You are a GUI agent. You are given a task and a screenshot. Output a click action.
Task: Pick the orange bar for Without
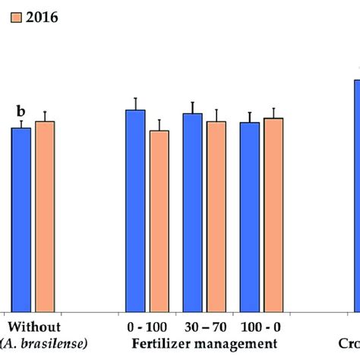pyautogui.click(x=45, y=216)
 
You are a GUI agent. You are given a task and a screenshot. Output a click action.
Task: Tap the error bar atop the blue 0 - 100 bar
pyautogui.click(x=135, y=103)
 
